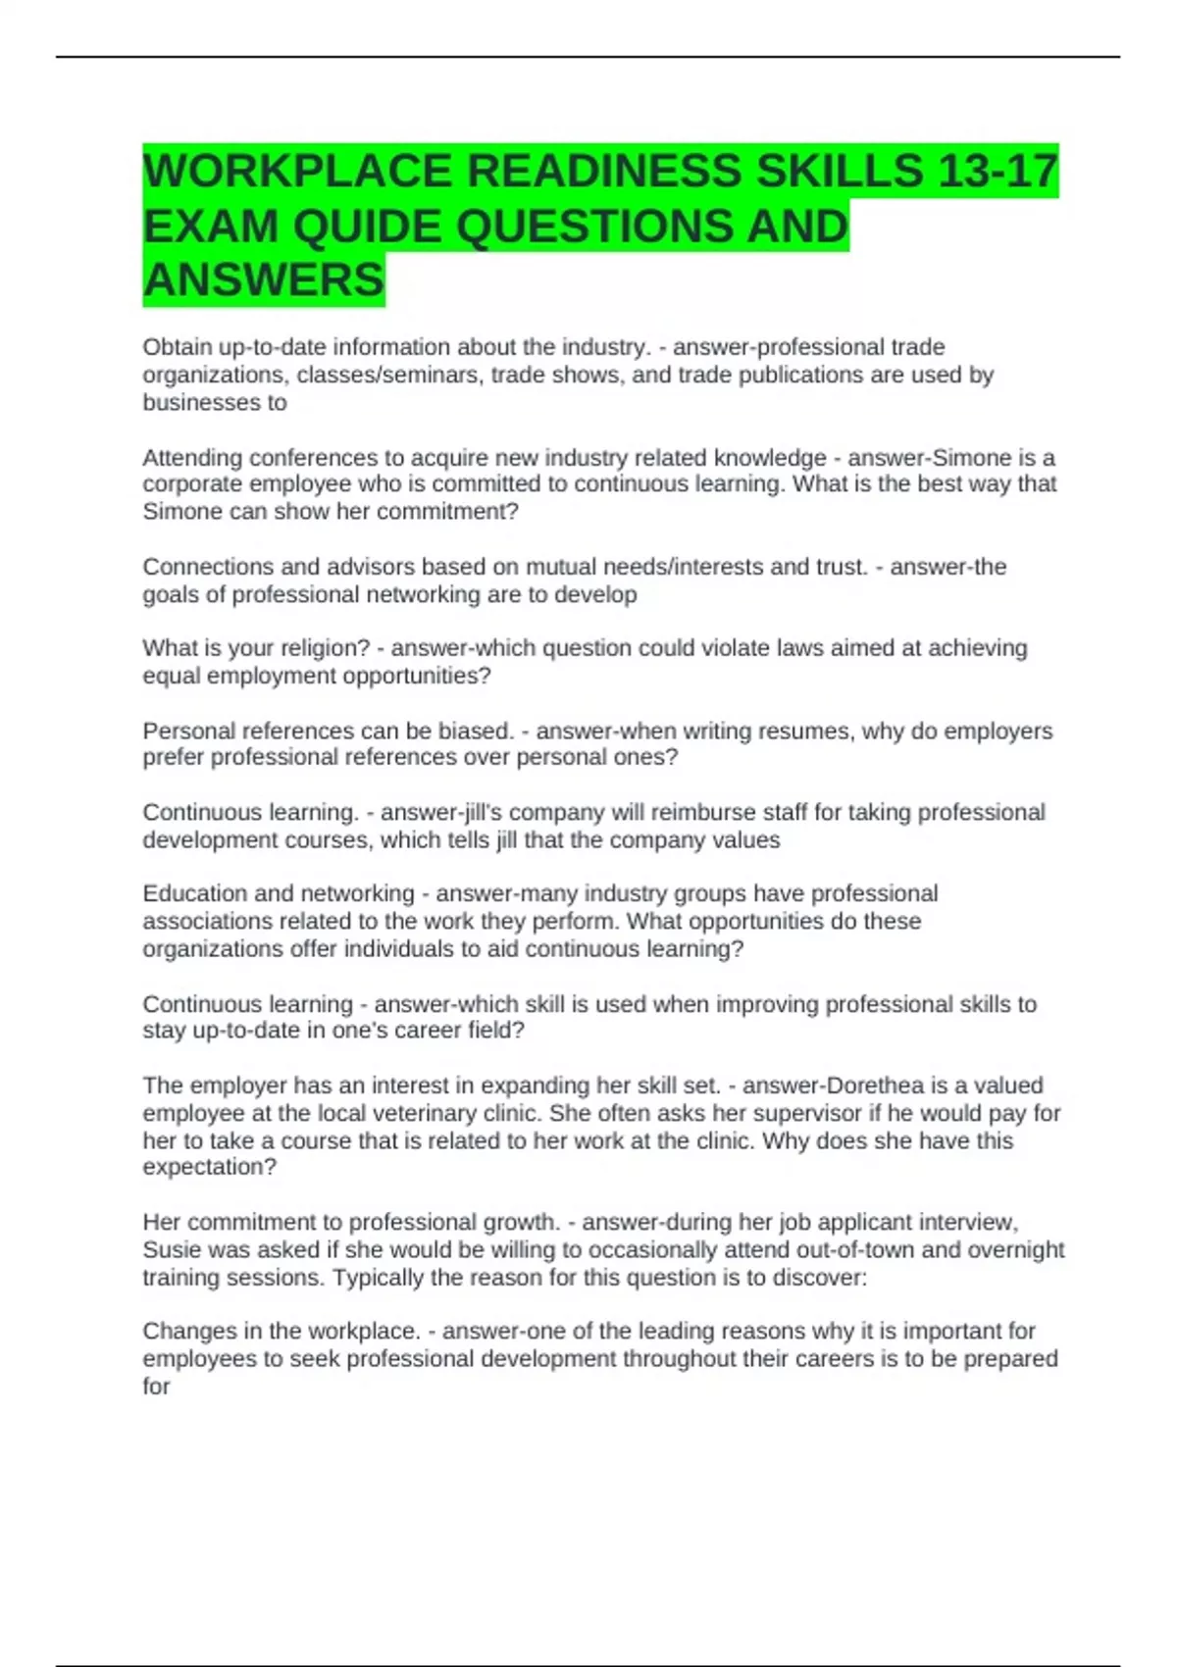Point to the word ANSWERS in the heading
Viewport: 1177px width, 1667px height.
[x=264, y=280]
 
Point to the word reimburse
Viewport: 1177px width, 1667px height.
[x=701, y=813]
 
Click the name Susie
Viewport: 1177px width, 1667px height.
[x=171, y=1249]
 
